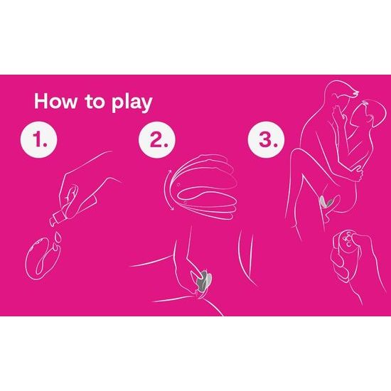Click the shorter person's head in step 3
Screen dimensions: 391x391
coord(372,114)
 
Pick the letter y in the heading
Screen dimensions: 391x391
coord(145,105)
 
